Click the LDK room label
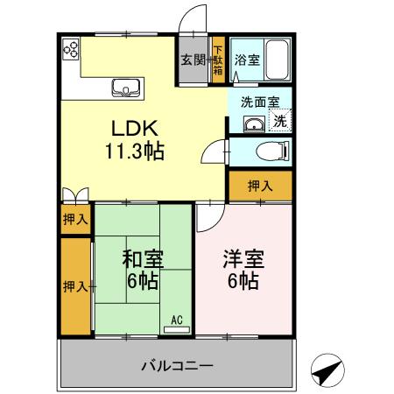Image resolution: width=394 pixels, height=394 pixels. click(x=135, y=128)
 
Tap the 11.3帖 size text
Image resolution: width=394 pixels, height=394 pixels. click(x=135, y=150)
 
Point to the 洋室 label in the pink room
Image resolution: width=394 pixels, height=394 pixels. click(x=244, y=260)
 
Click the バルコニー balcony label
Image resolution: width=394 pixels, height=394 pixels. click(x=176, y=364)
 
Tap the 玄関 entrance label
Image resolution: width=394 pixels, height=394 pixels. click(x=193, y=60)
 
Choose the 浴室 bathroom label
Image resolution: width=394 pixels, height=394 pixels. click(x=246, y=60)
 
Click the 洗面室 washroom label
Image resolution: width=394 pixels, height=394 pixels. click(x=260, y=102)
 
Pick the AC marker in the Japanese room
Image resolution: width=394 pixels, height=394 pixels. click(x=176, y=320)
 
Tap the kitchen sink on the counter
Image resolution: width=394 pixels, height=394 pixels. click(x=126, y=87)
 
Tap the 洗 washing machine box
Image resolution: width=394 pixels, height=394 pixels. click(x=279, y=121)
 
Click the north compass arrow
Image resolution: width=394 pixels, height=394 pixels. click(x=328, y=370)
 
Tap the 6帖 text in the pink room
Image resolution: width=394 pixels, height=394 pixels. click(x=244, y=282)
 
